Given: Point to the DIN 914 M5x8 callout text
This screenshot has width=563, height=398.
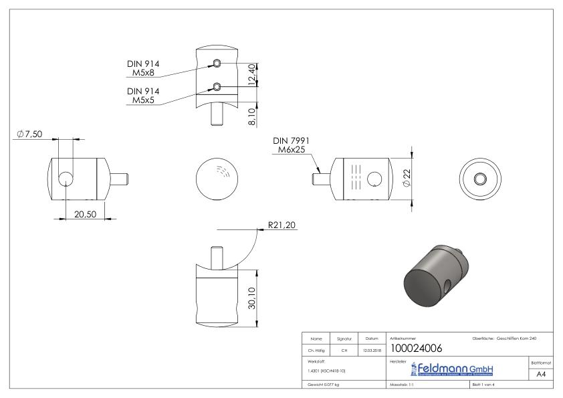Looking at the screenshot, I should (x=143, y=68).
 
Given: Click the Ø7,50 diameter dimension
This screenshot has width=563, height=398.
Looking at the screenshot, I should (x=29, y=134).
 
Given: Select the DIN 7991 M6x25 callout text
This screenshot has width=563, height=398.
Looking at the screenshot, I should (x=292, y=145).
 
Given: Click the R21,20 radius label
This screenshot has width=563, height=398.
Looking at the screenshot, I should (x=281, y=225).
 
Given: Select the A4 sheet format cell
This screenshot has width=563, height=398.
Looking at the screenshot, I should (x=542, y=375).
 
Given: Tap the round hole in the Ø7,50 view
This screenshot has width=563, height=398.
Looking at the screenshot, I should (x=66, y=179).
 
